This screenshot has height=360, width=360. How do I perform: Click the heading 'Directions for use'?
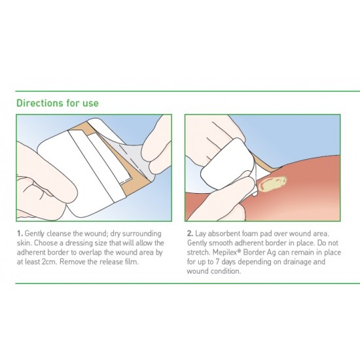coord(58,103)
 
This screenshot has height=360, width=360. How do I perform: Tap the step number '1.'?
coord(20,234)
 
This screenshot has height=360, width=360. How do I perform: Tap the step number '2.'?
coord(190,234)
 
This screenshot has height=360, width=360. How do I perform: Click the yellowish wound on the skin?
coord(272,183)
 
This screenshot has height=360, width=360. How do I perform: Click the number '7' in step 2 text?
coord(217,262)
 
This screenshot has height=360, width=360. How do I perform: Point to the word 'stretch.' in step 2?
coord(198,252)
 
